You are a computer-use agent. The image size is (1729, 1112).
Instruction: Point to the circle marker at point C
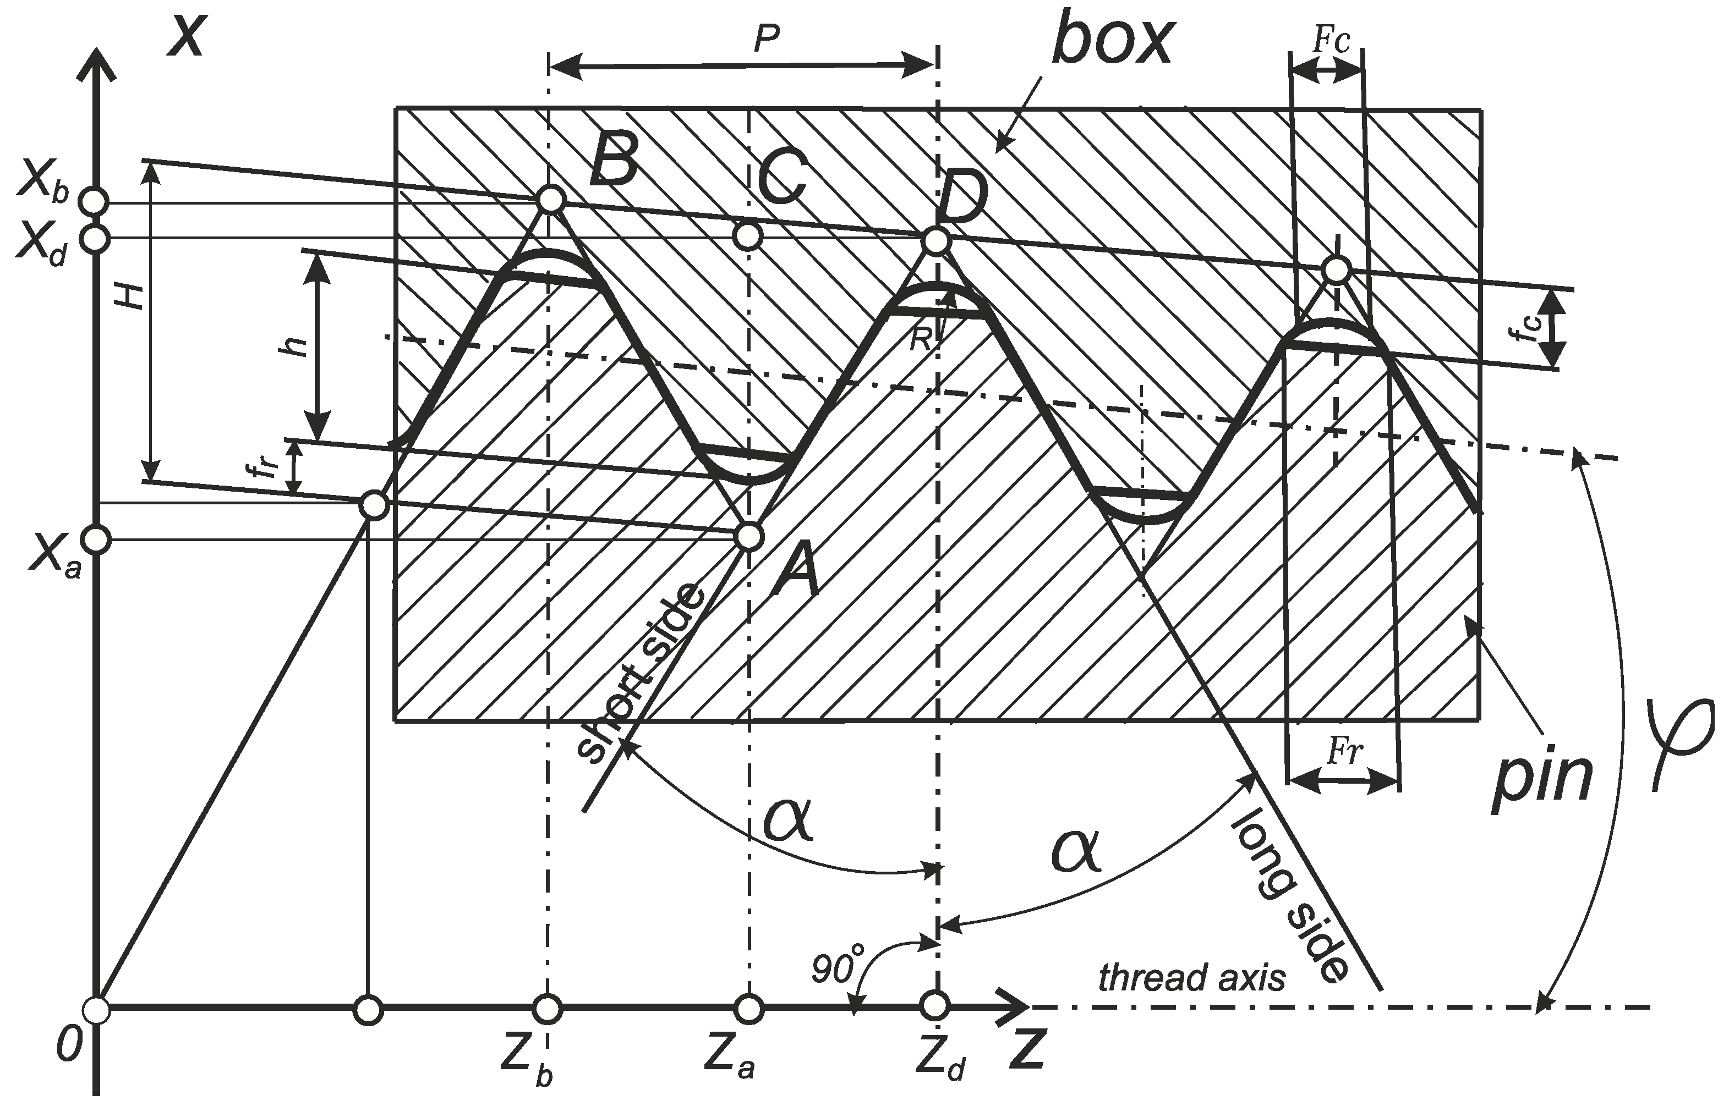[748, 235]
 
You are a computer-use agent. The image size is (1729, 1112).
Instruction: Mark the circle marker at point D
[935, 241]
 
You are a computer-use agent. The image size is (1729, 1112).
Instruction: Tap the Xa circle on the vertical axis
[96, 538]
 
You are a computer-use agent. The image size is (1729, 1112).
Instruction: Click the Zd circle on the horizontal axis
[935, 1005]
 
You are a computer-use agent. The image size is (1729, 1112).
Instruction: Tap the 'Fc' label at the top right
[1331, 42]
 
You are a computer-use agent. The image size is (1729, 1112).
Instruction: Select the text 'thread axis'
[1192, 978]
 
